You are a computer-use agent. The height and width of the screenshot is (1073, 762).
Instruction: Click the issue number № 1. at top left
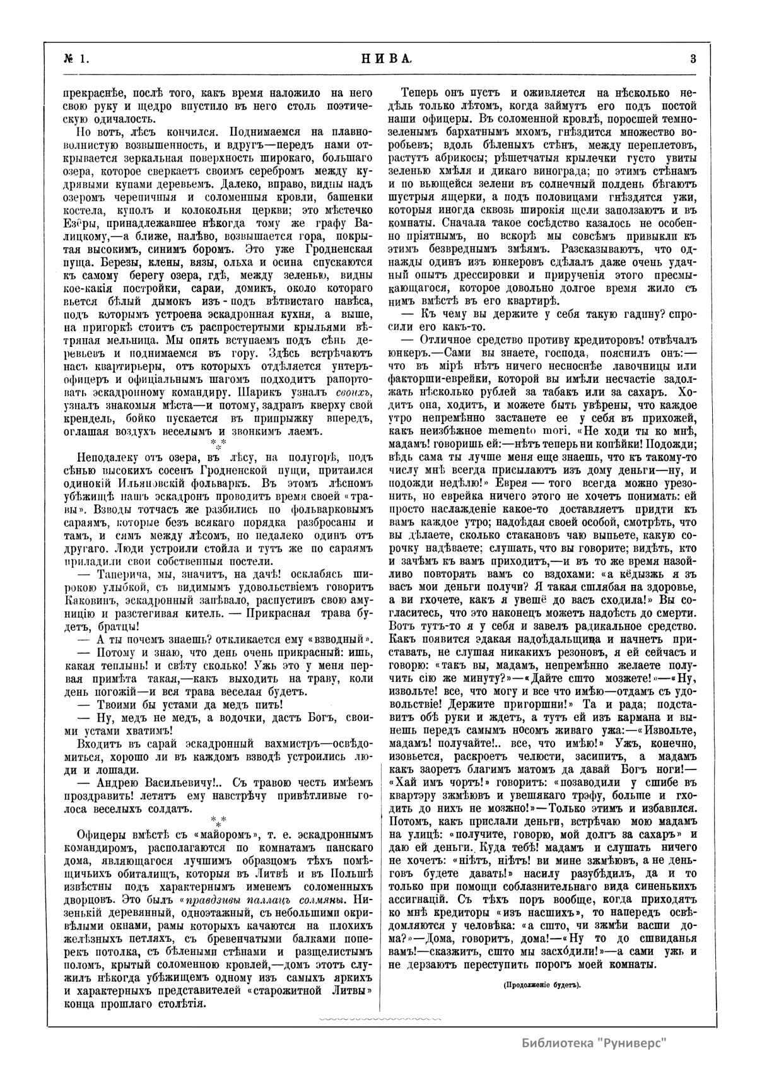pyautogui.click(x=76, y=59)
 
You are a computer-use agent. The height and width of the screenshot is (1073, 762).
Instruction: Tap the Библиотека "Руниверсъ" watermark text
pyautogui.click(x=594, y=1041)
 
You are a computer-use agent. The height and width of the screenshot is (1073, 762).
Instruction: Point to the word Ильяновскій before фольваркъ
pyautogui.click(x=154, y=480)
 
